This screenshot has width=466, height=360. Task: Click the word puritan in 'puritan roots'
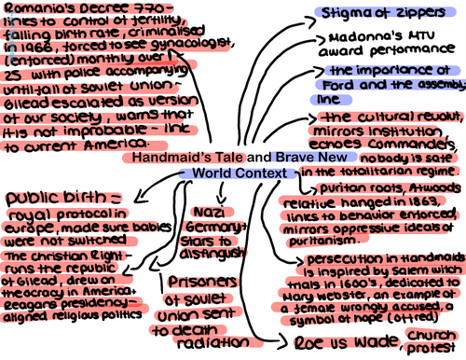[x=308, y=187]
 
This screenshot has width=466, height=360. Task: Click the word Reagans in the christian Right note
[x=33, y=307]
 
